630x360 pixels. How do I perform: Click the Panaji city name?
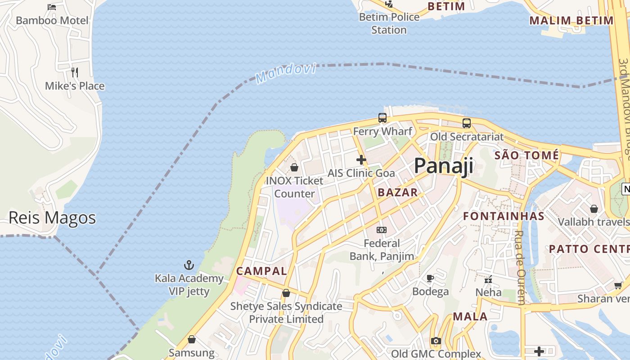[443, 166]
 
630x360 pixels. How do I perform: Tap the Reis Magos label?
[52, 218]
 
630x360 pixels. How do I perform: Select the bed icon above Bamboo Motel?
[52, 7]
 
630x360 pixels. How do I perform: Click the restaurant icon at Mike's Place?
[75, 72]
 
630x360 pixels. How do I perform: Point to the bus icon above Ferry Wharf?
[382, 118]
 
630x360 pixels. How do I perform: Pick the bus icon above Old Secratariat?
[467, 123]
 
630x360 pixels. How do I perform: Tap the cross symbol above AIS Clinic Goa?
[361, 160]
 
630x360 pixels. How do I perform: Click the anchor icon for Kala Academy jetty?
[189, 265]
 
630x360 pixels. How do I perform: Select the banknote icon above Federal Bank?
[382, 230]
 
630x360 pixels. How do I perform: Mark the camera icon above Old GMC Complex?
[436, 341]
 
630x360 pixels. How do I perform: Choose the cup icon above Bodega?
[430, 278]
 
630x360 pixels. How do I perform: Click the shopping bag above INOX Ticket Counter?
[294, 167]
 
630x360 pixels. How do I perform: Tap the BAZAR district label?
[398, 193]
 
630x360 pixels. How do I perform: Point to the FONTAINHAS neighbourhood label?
[504, 216]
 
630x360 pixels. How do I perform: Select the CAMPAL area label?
[261, 271]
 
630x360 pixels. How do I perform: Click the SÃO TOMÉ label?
[526, 156]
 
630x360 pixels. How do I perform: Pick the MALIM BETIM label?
[571, 20]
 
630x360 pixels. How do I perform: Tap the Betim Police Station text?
[389, 23]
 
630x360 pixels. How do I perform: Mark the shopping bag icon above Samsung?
[192, 339]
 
